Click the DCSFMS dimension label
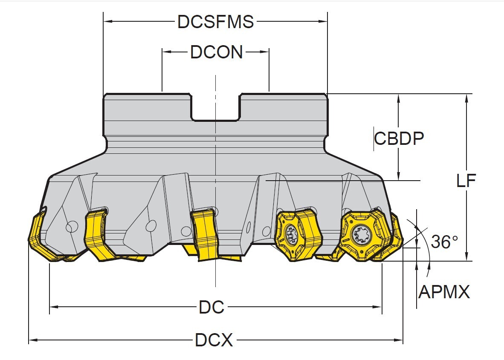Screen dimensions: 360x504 click(215, 22)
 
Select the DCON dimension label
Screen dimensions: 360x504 click(216, 52)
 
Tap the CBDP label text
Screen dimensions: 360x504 click(399, 138)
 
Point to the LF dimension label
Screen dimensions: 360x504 click(466, 181)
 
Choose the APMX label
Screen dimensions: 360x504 click(444, 292)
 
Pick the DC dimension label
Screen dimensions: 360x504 click(211, 307)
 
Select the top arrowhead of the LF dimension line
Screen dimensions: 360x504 click(467, 97)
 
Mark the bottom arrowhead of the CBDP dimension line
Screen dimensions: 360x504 click(398, 176)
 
